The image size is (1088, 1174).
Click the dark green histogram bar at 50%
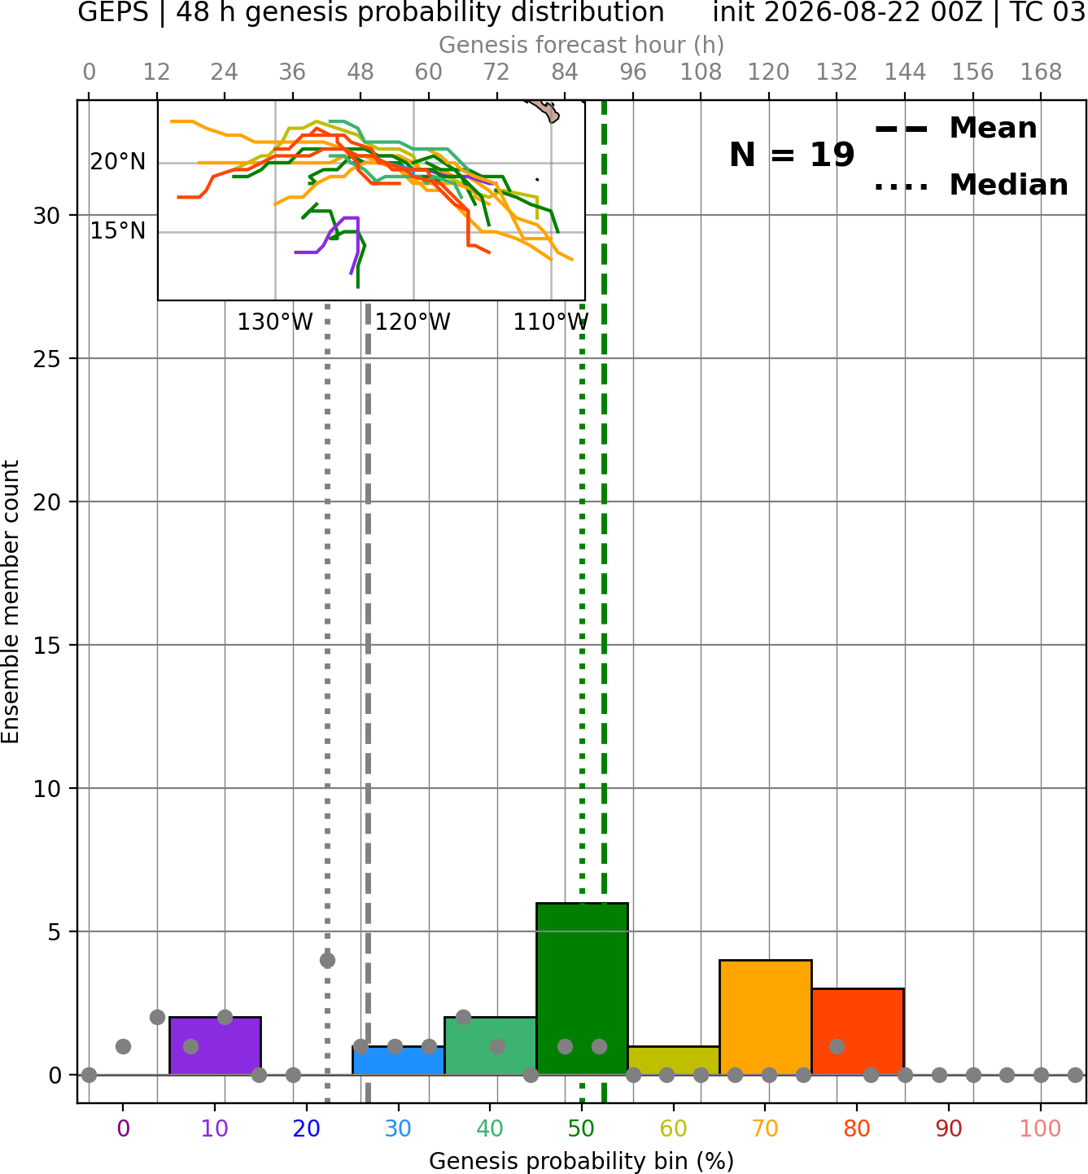pos(582,988)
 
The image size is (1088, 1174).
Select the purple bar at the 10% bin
pos(215,1045)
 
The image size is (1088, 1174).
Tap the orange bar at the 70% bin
pos(766,1018)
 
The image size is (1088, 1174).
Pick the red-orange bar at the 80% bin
pos(858,1032)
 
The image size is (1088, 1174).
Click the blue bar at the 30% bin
pos(398,1061)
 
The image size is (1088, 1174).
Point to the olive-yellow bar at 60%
pos(674,1061)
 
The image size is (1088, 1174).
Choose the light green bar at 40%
pos(491,1045)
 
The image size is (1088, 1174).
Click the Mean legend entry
pos(955,129)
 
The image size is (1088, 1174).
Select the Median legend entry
pos(972,185)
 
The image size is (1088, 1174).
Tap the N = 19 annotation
pos(792,155)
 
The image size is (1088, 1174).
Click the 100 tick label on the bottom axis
pos(1041,1128)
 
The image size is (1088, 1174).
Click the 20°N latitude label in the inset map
pos(118,162)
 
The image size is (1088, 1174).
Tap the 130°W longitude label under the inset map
pos(275,322)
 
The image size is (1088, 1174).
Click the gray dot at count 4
pos(327,961)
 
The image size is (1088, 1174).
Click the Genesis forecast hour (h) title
pos(582,45)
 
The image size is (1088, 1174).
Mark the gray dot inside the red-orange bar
pos(837,1047)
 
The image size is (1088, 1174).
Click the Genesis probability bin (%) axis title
pos(582,1161)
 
